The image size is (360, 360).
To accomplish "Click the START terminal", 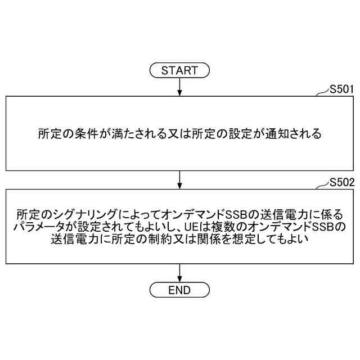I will [179, 70].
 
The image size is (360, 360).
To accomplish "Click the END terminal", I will [179, 290].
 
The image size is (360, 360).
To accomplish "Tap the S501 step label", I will [341, 88].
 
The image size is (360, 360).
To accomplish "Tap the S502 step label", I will [341, 182].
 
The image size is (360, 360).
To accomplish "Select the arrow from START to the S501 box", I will [179, 87].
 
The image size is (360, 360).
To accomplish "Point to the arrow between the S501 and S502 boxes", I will [179, 180].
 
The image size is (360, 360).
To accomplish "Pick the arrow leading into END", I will [179, 273].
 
